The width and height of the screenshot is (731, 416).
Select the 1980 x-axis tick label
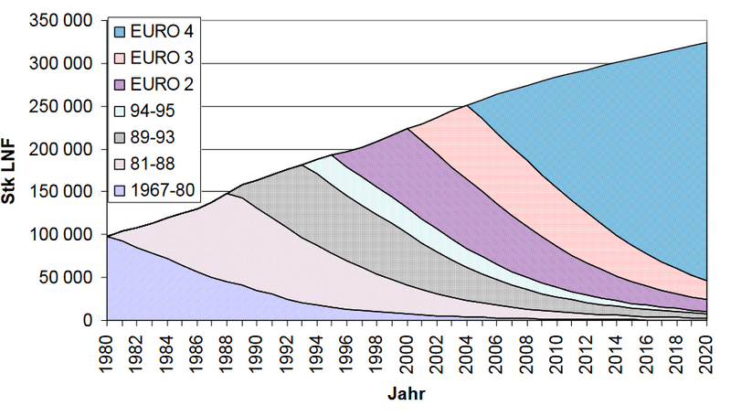(107, 350)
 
